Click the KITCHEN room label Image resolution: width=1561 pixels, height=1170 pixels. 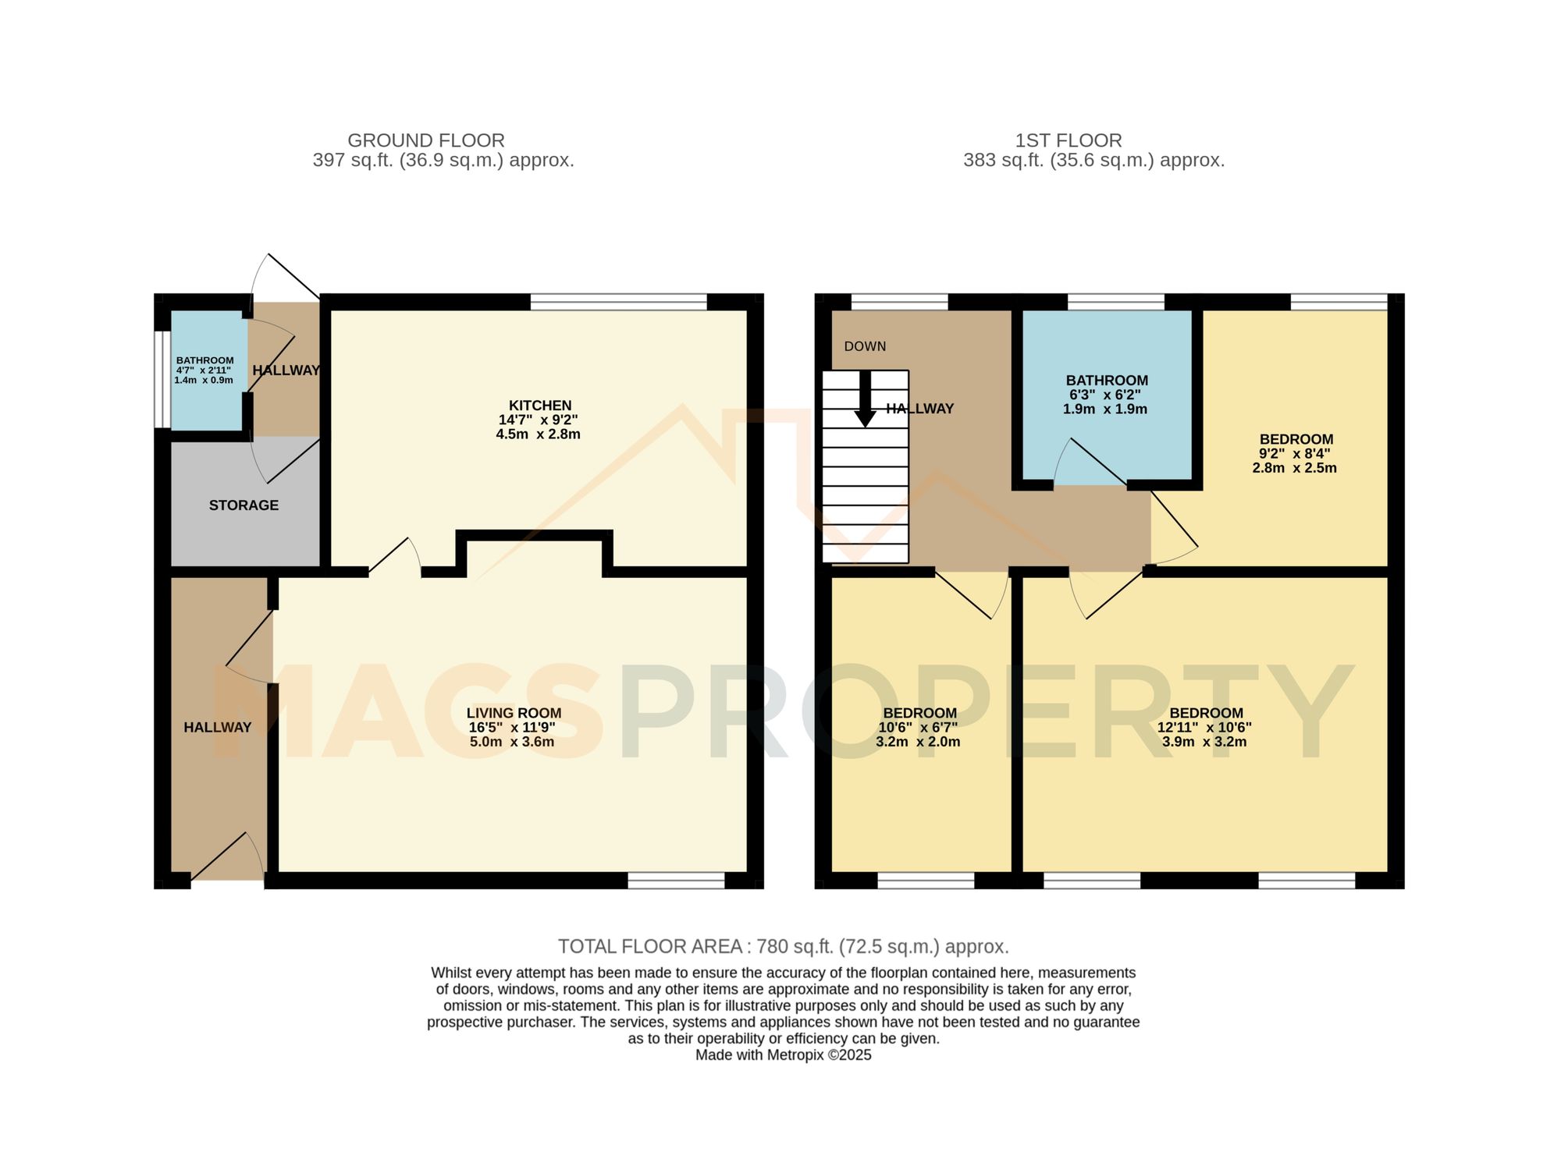(x=539, y=405)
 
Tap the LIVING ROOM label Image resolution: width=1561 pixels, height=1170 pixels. (x=514, y=712)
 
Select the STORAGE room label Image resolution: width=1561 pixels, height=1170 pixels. (x=244, y=505)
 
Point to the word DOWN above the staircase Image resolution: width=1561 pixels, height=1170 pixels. (x=865, y=346)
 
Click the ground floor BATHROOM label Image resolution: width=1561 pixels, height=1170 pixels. (x=204, y=360)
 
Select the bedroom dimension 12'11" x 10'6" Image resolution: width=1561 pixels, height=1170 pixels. (x=1204, y=727)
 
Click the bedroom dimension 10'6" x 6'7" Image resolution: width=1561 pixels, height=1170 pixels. (x=918, y=727)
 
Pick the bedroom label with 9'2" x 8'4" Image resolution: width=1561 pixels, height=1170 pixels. (x=1296, y=439)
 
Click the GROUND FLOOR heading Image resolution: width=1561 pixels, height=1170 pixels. (x=425, y=140)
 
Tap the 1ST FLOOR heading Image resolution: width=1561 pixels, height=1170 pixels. (x=1068, y=140)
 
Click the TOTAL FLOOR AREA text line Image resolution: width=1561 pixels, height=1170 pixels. (x=783, y=946)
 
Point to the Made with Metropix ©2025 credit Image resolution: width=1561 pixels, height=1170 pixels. (x=783, y=1055)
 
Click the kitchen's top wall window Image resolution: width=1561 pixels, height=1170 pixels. (x=618, y=302)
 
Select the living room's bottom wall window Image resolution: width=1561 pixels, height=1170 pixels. (x=676, y=881)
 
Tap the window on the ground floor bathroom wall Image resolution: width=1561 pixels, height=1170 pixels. (x=162, y=380)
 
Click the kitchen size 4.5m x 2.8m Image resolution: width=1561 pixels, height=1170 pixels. (x=538, y=434)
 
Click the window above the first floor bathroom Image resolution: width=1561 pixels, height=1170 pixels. (x=1115, y=302)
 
